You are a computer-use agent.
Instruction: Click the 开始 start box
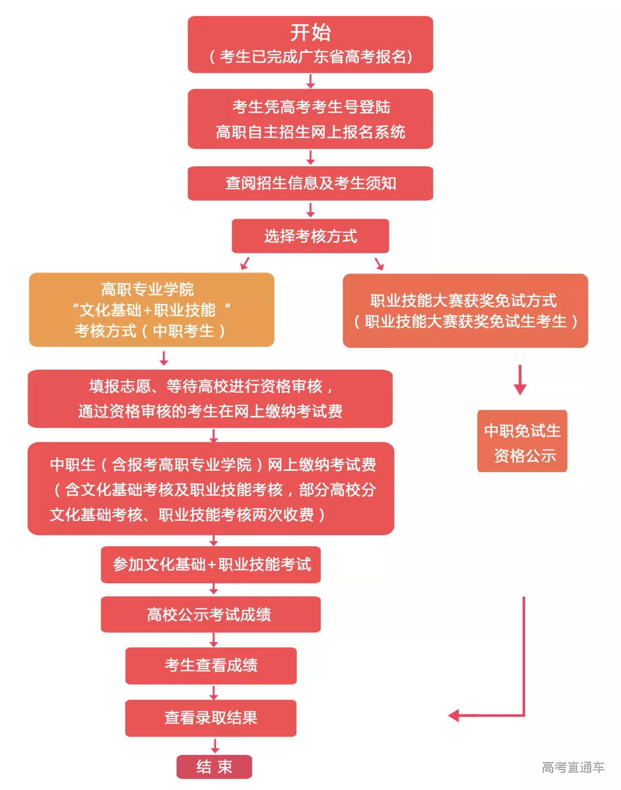pos(310,44)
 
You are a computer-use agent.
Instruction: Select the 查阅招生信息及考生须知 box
pos(310,183)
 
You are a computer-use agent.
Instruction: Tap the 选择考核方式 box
pos(310,236)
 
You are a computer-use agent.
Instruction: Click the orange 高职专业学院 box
pos(151,310)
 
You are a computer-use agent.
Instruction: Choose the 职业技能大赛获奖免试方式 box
pos(465,310)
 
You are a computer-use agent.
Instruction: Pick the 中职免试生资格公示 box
pos(522,442)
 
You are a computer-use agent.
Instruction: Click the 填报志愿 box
pos(210,398)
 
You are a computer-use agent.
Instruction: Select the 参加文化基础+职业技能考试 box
pos(210,565)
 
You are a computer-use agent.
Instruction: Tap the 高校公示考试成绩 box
pos(210,615)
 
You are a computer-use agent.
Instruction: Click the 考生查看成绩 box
pos(210,666)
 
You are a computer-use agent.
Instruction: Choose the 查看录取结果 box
pos(210,718)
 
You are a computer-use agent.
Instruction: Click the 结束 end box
pos(214,766)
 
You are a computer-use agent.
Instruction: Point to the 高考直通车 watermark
pos(573,767)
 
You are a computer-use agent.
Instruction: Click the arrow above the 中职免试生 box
pos(520,379)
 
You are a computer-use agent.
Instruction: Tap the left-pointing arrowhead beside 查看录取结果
pos(455,715)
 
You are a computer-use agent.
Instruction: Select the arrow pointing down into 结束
pos(214,746)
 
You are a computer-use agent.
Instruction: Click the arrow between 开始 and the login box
pos(310,81)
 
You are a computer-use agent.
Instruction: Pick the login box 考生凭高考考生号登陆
pos(310,119)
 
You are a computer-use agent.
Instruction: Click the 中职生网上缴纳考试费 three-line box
pos(210,489)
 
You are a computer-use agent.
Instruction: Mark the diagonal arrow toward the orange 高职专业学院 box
pos(246,263)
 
